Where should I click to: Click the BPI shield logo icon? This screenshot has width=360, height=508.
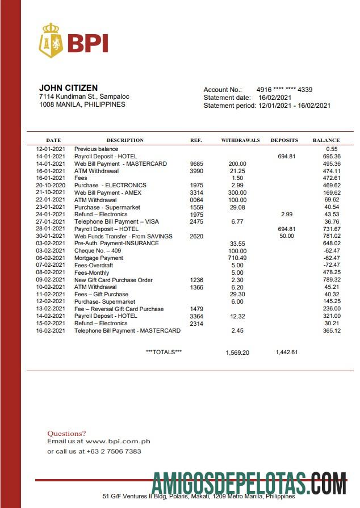pyautogui.click(x=50, y=41)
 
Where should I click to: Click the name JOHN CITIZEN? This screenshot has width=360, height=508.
pyautogui.click(x=68, y=88)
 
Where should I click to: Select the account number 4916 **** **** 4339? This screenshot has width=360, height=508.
pyautogui.click(x=284, y=90)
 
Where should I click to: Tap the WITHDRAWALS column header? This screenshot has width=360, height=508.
pyautogui.click(x=240, y=140)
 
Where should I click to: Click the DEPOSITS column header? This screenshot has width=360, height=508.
pyautogui.click(x=284, y=140)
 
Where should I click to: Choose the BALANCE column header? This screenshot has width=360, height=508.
pyautogui.click(x=326, y=140)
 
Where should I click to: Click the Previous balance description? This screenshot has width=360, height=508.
pyautogui.click(x=96, y=149)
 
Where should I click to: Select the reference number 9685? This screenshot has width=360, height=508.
pyautogui.click(x=196, y=164)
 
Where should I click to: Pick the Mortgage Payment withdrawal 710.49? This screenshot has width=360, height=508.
pyautogui.click(x=237, y=258)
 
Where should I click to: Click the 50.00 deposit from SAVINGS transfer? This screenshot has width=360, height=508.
pyautogui.click(x=287, y=236)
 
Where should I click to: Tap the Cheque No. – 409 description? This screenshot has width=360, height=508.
pyautogui.click(x=97, y=251)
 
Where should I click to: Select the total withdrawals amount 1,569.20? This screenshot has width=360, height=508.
pyautogui.click(x=237, y=352)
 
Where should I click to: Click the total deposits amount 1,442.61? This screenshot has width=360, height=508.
pyautogui.click(x=287, y=352)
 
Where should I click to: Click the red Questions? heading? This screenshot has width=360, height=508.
pyautogui.click(x=66, y=433)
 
